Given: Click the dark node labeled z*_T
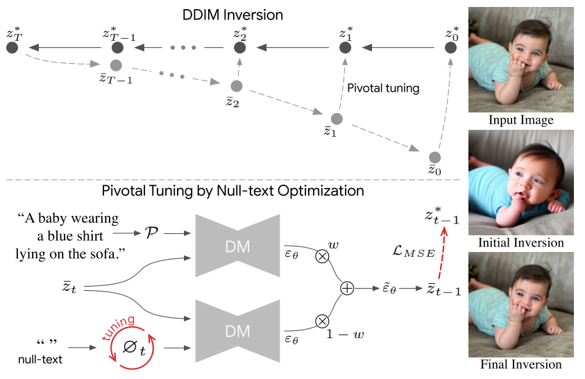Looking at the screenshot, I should [12, 47].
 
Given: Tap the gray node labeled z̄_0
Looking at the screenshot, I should [435, 158].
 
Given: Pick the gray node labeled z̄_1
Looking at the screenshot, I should [337, 119].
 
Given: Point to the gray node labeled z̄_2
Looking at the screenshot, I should [236, 86].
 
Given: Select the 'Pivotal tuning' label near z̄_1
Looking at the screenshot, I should [383, 88].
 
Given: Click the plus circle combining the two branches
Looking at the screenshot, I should [348, 287].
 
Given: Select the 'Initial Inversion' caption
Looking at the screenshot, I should [520, 243].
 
